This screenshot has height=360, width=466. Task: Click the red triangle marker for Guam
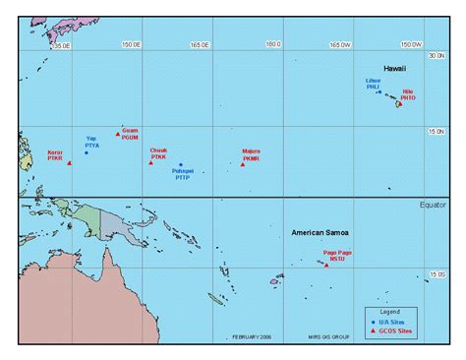click(x=118, y=133)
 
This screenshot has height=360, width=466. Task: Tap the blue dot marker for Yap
click(x=87, y=152)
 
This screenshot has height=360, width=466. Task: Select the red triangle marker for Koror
click(x=69, y=163)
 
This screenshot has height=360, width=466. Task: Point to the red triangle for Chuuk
click(x=150, y=162)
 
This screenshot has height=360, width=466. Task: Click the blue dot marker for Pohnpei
click(x=181, y=165)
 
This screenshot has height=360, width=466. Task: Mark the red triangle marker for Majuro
click(x=243, y=163)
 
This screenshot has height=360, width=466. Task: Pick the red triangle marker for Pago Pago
click(x=325, y=263)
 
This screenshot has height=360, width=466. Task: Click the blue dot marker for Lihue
click(x=378, y=92)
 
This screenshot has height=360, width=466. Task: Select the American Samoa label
click(x=321, y=233)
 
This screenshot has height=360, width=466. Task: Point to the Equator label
click(x=433, y=204)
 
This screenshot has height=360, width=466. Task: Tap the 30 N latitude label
click(x=437, y=57)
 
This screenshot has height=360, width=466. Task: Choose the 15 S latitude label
click(x=437, y=274)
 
